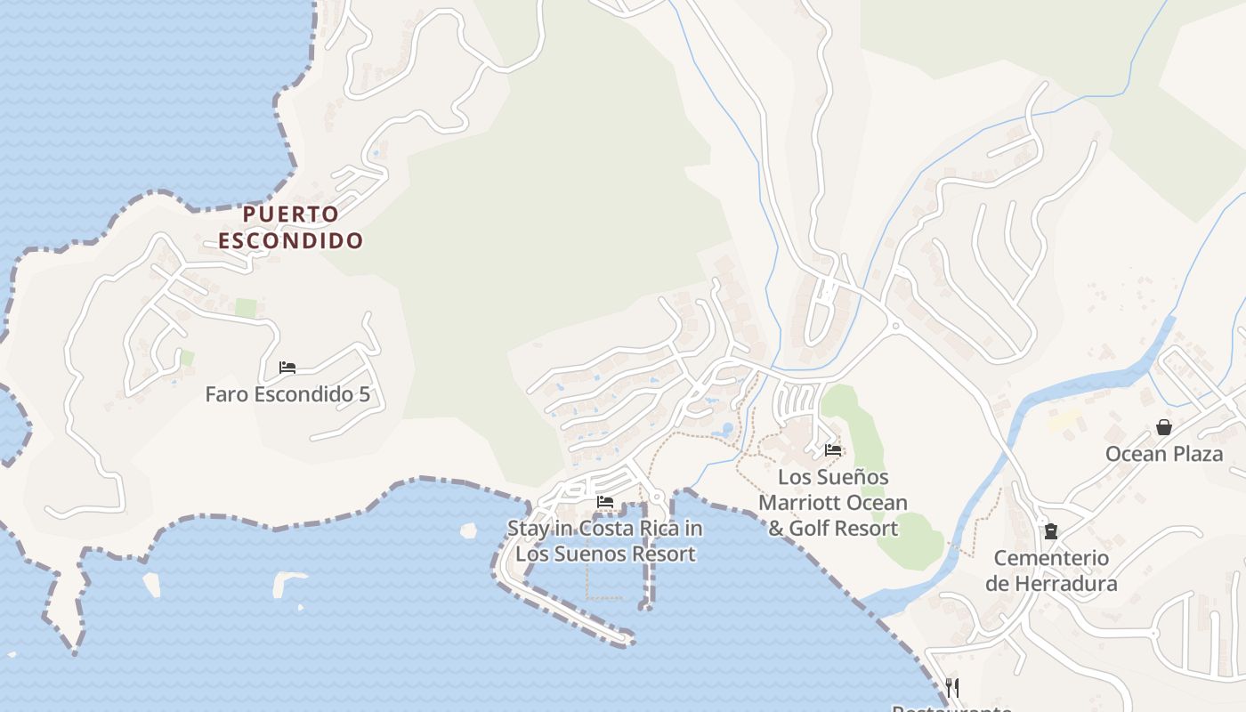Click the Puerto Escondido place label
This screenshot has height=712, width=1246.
291,227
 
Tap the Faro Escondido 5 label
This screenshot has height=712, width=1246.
287,394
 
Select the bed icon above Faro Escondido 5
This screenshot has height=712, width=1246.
287,367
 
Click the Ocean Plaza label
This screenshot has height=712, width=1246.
1163,454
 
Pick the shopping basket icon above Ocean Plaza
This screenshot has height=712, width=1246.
1163,427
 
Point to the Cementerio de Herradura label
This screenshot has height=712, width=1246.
1051,570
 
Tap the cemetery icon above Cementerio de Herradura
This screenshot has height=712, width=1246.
1051,531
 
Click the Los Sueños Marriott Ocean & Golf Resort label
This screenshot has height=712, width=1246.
833,503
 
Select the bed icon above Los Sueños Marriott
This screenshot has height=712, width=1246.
833,449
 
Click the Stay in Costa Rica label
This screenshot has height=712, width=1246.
605,540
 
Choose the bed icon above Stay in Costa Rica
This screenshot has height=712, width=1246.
605,502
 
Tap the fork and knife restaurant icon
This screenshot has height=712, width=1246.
951,687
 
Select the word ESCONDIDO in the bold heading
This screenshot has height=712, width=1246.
291,240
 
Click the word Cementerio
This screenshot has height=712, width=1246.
1051,558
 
